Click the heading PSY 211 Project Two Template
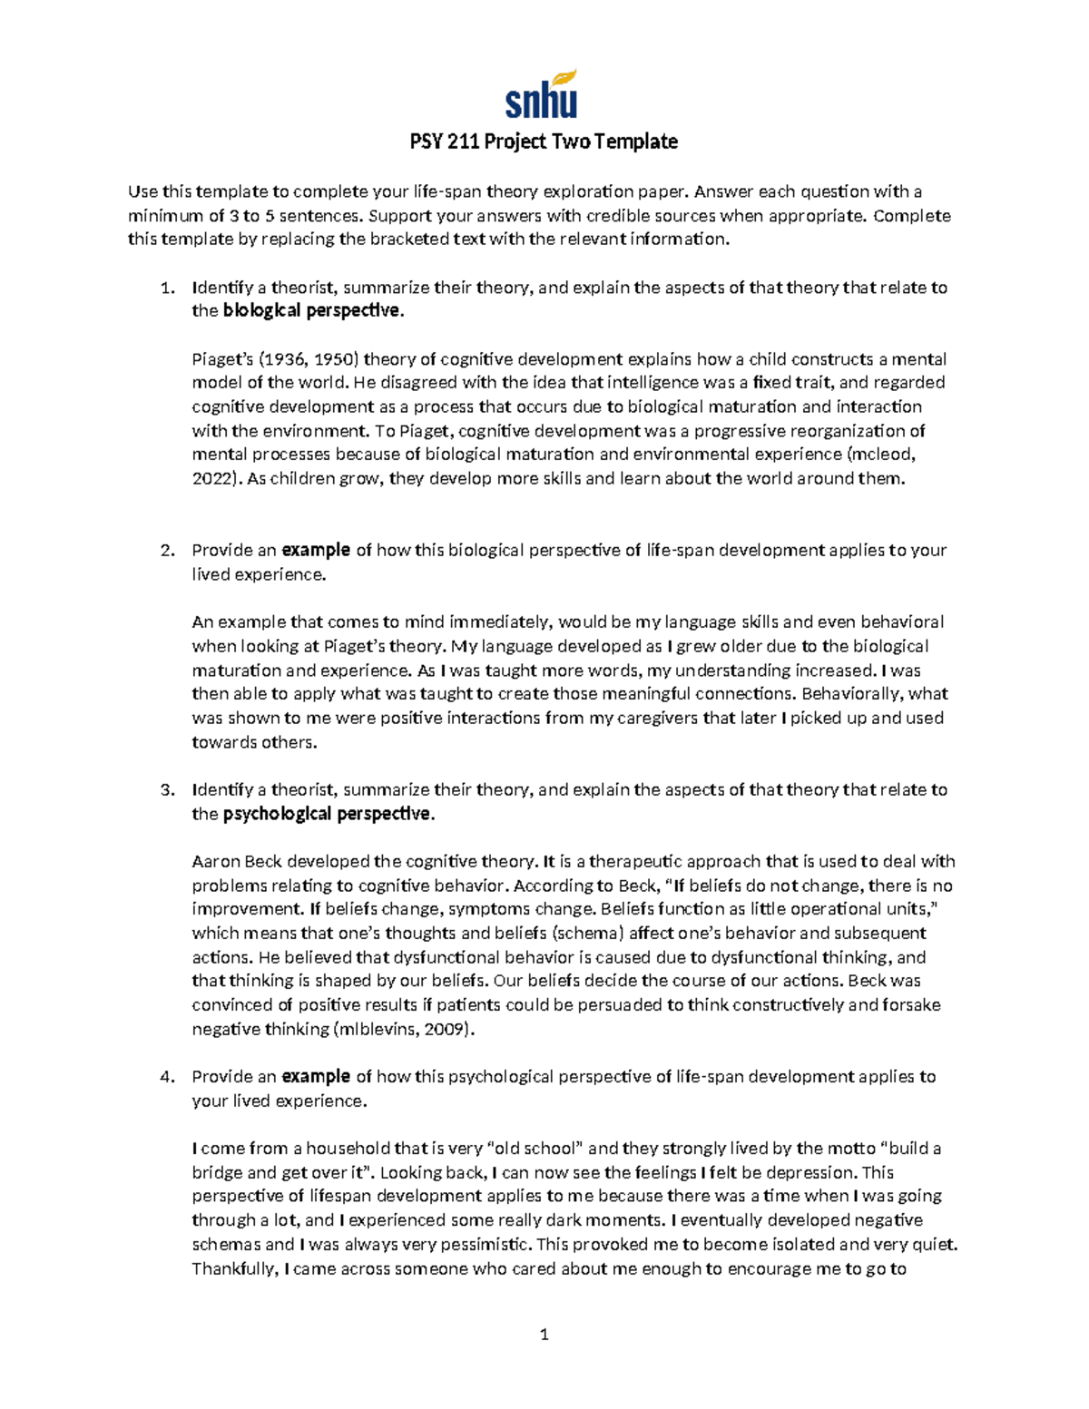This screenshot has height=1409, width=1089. click(543, 142)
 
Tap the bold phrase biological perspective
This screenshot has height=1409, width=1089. click(310, 311)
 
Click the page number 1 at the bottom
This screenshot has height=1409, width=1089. click(544, 1335)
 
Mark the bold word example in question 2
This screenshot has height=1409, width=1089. click(316, 551)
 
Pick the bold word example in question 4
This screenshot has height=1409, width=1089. click(316, 1077)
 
